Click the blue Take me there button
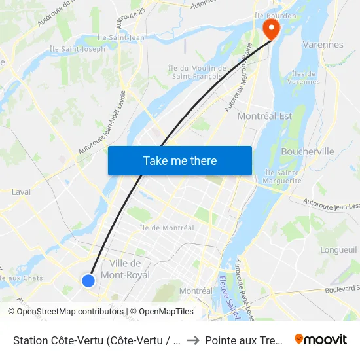(180, 160)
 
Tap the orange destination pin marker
(270, 27)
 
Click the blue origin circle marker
(88, 280)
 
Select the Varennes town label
(323, 45)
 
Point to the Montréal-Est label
(264, 116)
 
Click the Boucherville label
(307, 151)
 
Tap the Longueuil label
(338, 249)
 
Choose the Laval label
(21, 192)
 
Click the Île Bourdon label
(276, 15)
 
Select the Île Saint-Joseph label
(77, 49)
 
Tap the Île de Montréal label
(166, 228)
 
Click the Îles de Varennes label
(306, 77)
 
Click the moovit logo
(320, 339)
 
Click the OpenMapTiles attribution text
(162, 312)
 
